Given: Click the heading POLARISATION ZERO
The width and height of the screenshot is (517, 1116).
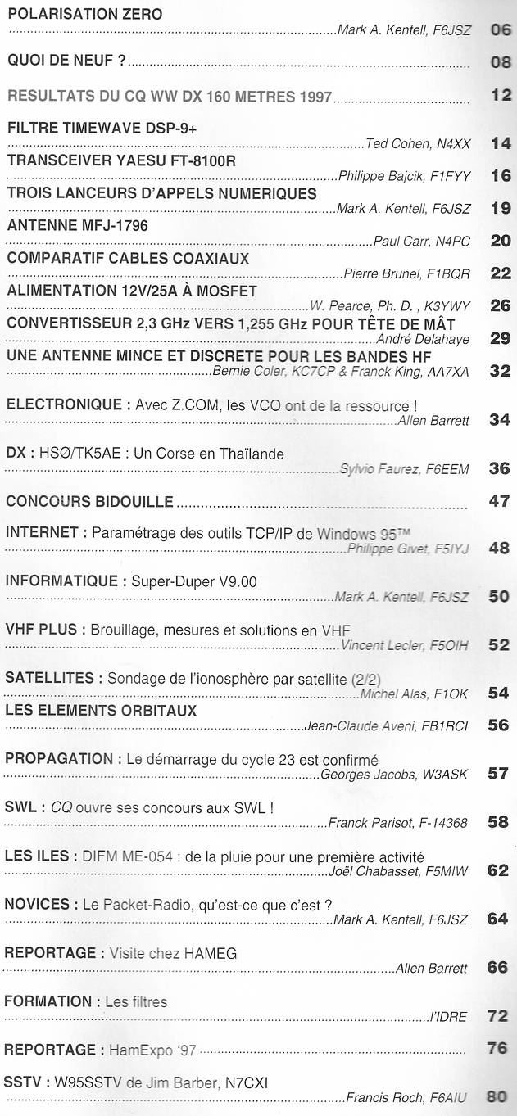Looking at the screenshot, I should [x=84, y=15].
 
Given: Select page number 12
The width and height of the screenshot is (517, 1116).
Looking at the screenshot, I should [x=501, y=96].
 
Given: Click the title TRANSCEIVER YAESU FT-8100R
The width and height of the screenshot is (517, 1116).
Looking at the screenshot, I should [x=121, y=160].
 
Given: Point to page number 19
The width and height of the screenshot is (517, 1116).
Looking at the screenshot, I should [x=500, y=208].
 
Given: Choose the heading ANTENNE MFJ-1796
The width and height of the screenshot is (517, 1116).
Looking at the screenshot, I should [x=77, y=226].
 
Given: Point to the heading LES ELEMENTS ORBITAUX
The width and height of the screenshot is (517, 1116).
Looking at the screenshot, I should [x=101, y=710].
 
